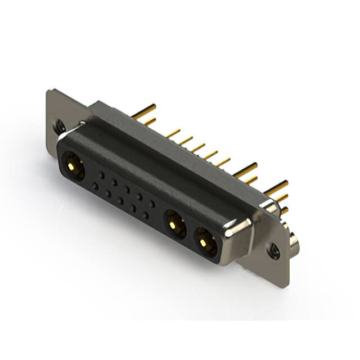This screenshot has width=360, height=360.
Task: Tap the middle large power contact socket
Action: click(x=175, y=225)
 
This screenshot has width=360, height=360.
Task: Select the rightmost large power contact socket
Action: click(x=206, y=241)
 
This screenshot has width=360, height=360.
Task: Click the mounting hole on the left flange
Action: click(x=60, y=127)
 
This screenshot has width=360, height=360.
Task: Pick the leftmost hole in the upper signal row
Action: click(x=102, y=175)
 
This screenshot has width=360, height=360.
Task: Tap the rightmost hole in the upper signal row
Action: click(x=152, y=204)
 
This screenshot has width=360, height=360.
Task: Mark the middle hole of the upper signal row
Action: click(x=127, y=190)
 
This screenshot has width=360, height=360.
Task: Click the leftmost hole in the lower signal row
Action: click(x=95, y=186)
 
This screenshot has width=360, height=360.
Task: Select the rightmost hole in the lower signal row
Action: click(x=145, y=214)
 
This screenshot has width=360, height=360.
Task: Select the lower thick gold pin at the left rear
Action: click(x=149, y=121)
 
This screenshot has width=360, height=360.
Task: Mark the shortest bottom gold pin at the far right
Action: click(x=285, y=210)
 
